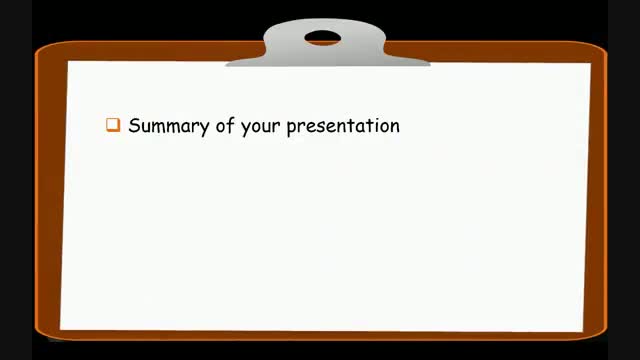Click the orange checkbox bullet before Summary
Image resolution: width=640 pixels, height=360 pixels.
pos(113,126)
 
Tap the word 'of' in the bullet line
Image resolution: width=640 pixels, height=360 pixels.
pos(224,126)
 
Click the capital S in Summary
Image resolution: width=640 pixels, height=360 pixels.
pos(134,126)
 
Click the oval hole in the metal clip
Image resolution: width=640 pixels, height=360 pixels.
pos(322,39)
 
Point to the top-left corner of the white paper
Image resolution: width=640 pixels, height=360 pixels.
pos(69,63)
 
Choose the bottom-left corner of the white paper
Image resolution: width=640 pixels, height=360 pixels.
pos(62,327)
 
